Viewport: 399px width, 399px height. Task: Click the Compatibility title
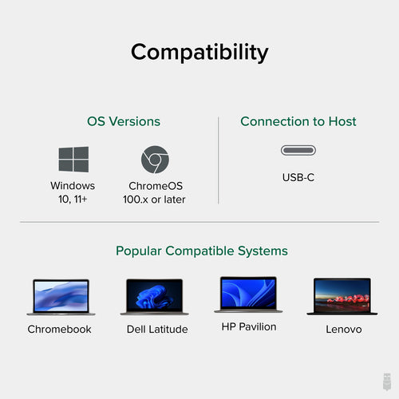[x=199, y=53]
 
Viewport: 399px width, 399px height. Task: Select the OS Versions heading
[x=124, y=122]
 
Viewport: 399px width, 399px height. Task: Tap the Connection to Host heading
[x=298, y=122]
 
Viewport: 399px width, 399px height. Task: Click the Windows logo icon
[x=73, y=160]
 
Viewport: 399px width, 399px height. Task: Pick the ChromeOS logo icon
[x=155, y=160]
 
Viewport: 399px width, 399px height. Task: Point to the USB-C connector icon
[x=298, y=151]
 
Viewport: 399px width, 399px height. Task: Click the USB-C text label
[x=298, y=177]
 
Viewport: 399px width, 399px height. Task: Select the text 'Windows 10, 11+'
[x=73, y=192]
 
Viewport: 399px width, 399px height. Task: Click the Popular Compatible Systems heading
[x=202, y=251]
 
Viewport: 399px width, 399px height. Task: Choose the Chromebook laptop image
[x=60, y=297]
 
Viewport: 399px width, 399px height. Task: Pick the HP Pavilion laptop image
[x=247, y=294]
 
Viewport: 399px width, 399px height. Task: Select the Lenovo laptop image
[x=342, y=297]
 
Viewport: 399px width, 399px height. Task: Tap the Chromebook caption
[x=60, y=329]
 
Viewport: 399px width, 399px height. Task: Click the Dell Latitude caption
[x=157, y=329]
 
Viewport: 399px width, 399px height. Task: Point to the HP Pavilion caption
[x=247, y=326]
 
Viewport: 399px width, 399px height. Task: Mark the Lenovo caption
[x=343, y=329]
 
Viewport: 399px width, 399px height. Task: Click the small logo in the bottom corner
[x=385, y=381]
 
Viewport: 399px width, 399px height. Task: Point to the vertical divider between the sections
[x=219, y=160]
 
